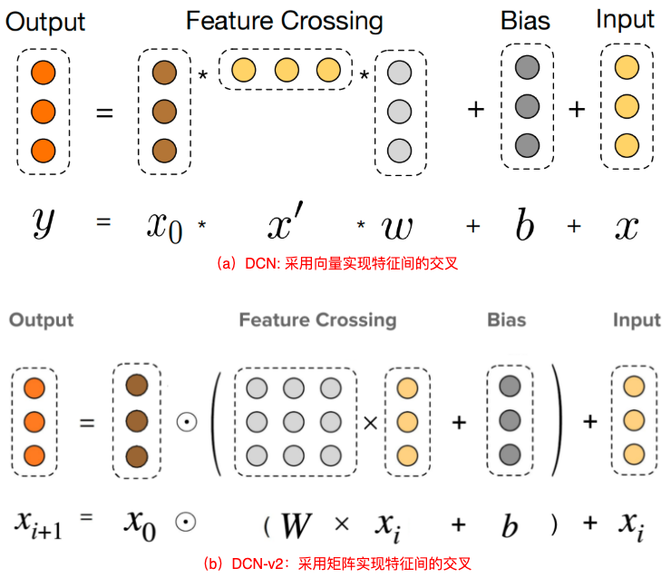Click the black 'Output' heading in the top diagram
point(45,21)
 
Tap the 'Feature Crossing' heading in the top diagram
point(285,21)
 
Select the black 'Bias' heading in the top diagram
point(527,21)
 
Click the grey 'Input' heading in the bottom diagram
point(637,320)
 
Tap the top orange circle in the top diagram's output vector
point(43,71)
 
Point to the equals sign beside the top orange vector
point(105,113)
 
